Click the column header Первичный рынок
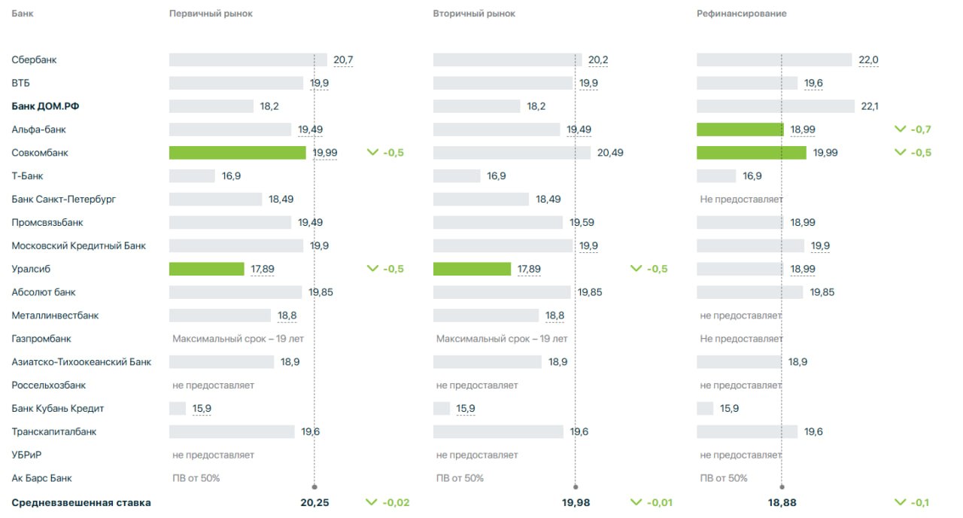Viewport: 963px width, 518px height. tap(211, 14)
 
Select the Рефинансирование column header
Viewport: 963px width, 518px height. tap(741, 14)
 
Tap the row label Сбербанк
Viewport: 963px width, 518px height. tap(34, 60)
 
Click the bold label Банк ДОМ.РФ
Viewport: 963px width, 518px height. tap(45, 106)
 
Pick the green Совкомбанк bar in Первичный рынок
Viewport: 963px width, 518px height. tap(237, 153)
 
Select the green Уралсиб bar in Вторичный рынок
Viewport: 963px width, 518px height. tap(472, 269)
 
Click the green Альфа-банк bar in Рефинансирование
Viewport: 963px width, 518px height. tap(740, 129)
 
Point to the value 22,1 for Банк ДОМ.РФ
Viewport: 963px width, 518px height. tap(870, 106)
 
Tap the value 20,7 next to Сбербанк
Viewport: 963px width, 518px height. tap(343, 60)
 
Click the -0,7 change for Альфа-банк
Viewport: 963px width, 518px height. tap(920, 129)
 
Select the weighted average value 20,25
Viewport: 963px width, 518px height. tap(314, 503)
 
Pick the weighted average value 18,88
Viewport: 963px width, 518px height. tap(782, 503)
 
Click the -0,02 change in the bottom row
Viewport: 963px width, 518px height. tap(396, 503)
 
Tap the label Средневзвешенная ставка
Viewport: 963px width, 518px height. tap(81, 503)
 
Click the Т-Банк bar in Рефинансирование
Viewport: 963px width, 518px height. tap(716, 176)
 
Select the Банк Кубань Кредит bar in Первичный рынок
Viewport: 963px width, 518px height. tap(178, 409)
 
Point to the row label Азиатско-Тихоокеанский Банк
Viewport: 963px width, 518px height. tap(81, 362)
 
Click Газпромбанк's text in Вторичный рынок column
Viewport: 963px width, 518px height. tap(502, 339)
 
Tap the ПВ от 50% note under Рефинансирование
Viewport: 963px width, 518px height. tap(724, 478)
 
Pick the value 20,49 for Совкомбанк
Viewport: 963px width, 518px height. tap(610, 153)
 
